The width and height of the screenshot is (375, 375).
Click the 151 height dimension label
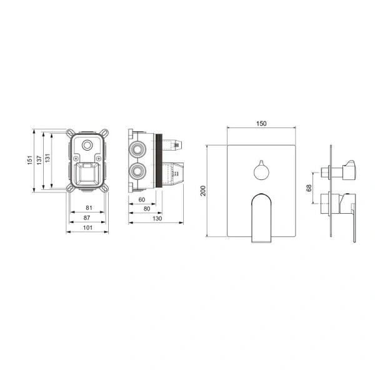click(29, 160)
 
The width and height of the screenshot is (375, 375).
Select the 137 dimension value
click(39, 160)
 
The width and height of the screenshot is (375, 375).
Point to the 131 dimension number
click(47, 158)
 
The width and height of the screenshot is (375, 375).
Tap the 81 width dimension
click(89, 208)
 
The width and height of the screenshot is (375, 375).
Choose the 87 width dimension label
click(87, 217)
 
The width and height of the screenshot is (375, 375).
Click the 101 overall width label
click(87, 227)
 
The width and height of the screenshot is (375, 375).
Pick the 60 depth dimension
click(142, 199)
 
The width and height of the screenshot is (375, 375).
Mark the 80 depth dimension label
click(147, 209)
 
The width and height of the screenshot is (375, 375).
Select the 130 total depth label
click(157, 219)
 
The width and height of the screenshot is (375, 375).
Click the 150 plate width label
click(261, 124)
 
